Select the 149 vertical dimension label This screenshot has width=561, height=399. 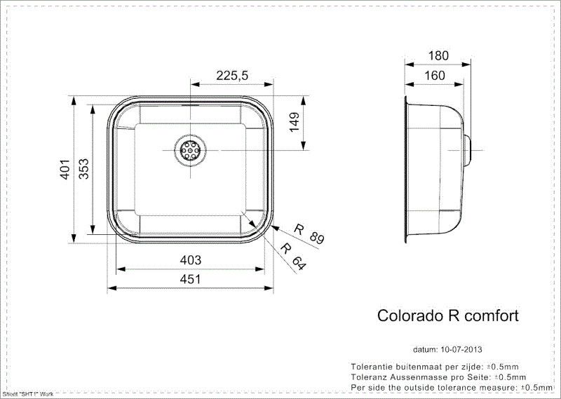click(x=294, y=123)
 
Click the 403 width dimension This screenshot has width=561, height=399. click(x=190, y=260)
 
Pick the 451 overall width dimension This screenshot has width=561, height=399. click(x=190, y=279)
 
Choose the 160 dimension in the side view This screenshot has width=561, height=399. click(x=434, y=75)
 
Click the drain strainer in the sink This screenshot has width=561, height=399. click(x=190, y=149)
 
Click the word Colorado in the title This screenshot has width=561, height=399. click(x=406, y=316)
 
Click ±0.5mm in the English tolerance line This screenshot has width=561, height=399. click(x=534, y=386)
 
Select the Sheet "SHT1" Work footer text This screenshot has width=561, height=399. click(x=28, y=394)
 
